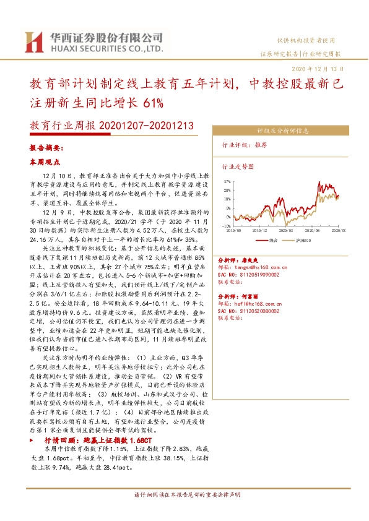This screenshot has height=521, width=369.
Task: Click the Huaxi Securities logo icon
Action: click(32, 41)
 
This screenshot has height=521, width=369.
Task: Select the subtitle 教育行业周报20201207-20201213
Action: click(111, 126)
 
